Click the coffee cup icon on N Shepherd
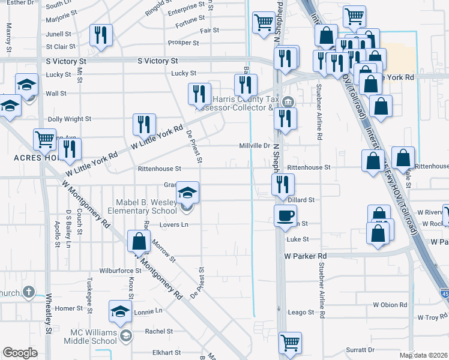pos(285,215)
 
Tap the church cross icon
pos(28,292)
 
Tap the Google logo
pos(20,353)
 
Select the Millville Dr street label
pos(255,146)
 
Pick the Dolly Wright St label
pos(69,119)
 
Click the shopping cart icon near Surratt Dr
pos(290,343)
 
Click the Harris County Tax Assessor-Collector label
pos(240,103)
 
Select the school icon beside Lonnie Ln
pos(120,311)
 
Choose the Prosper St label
pos(183,43)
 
